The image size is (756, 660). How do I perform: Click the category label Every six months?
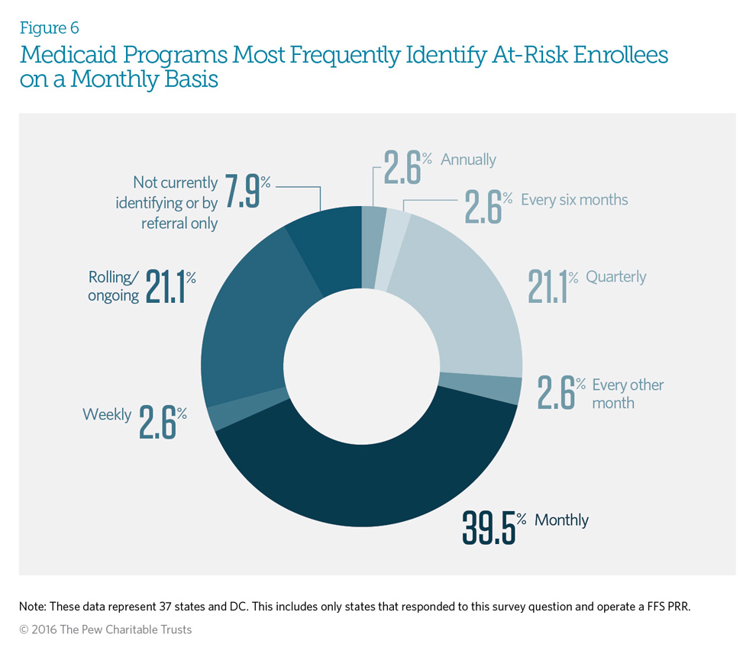(573, 200)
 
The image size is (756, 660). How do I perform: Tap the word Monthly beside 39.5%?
(561, 520)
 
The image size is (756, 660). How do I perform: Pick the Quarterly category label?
(615, 276)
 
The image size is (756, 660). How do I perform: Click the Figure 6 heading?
(49, 28)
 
